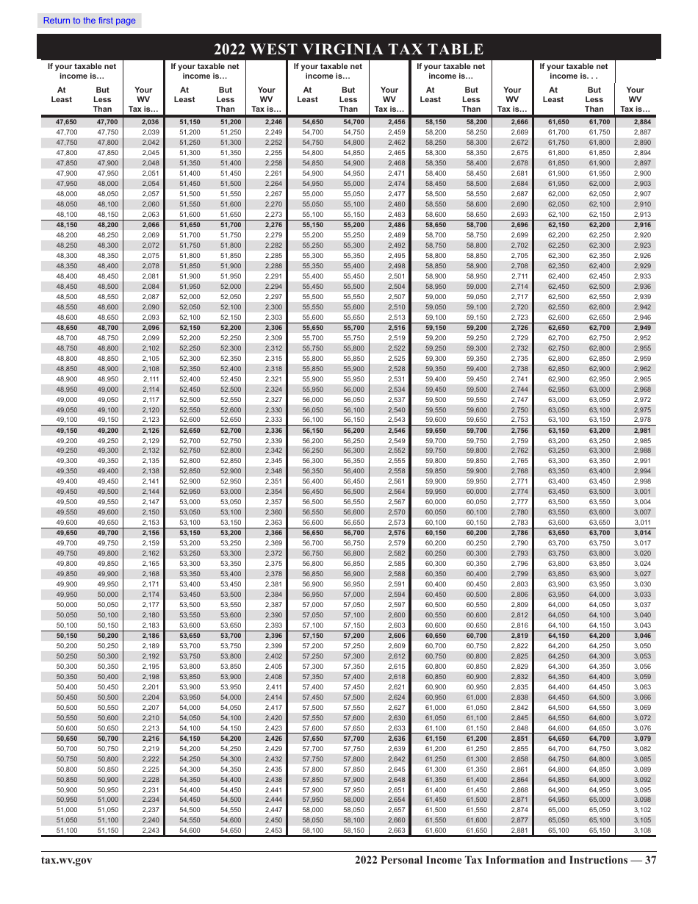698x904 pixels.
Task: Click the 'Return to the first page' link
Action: click(90, 21)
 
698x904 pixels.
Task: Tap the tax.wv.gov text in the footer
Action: click(66, 861)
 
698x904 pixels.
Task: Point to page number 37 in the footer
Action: click(650, 861)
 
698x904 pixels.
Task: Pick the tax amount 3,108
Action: click(642, 830)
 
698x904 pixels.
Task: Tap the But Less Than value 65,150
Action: click(594, 830)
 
